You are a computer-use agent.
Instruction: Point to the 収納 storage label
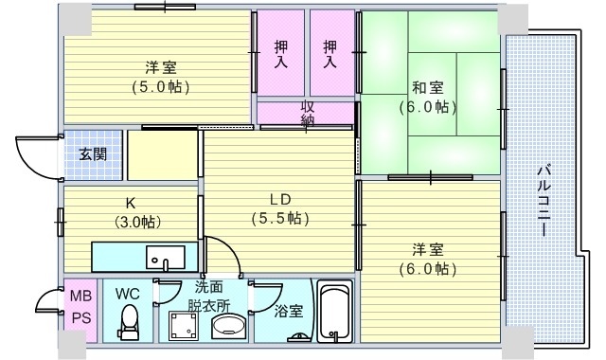pos(308,113)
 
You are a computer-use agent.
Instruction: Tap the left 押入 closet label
pos(281,54)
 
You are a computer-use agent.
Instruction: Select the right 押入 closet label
pos(330,54)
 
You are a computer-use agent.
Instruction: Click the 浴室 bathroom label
pos(289,310)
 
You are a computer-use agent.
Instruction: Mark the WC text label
pos(128,294)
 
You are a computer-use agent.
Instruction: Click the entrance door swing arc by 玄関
pos(31,157)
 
